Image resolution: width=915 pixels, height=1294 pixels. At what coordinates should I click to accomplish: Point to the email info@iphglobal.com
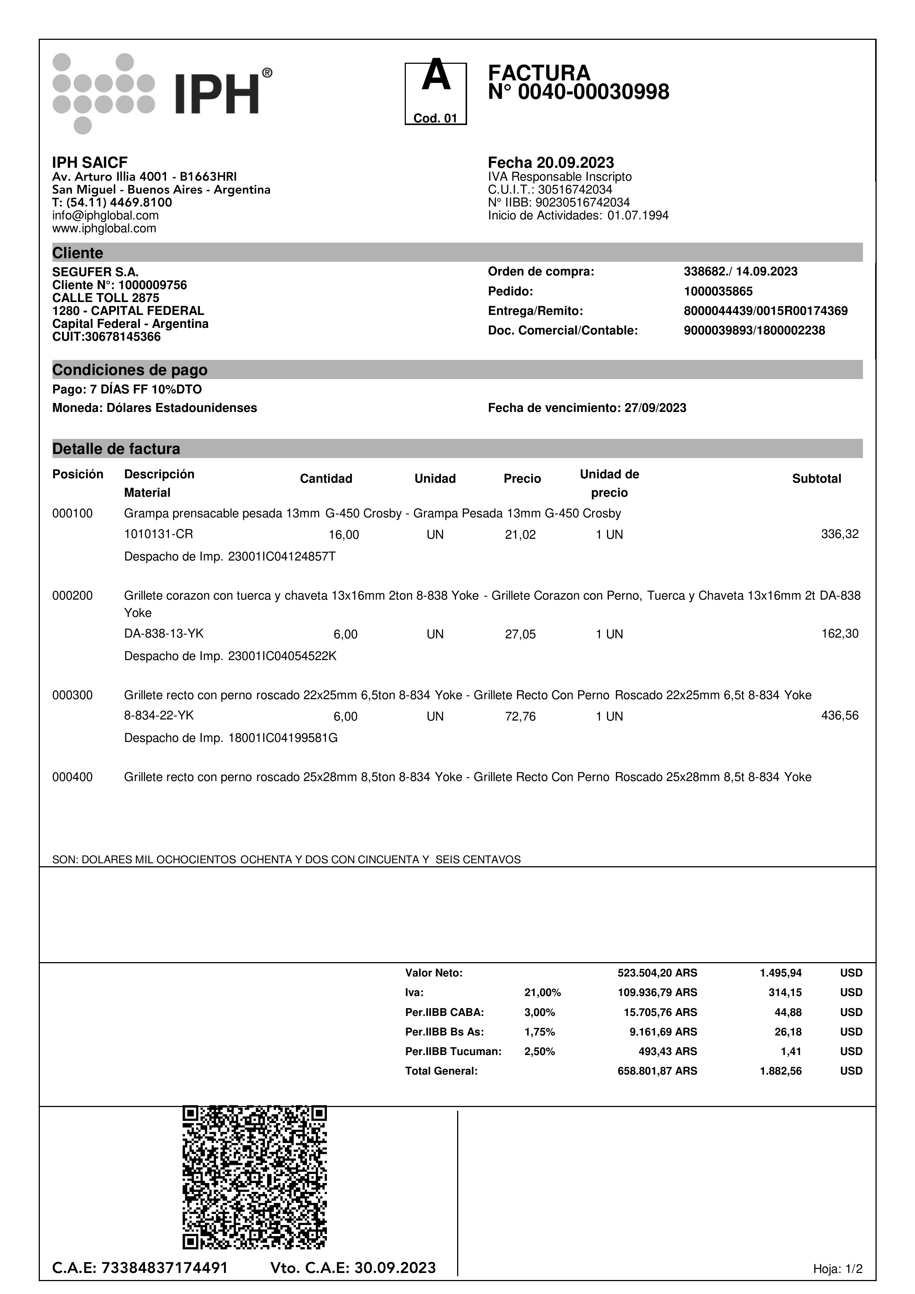pos(106,215)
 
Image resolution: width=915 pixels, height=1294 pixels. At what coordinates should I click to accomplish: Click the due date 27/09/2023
pos(655,408)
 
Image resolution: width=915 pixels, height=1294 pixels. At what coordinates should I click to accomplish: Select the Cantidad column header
pos(326,479)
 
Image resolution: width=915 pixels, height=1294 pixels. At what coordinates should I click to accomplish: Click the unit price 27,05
pos(520,634)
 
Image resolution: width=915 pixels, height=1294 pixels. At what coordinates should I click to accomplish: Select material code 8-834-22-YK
pos(159,716)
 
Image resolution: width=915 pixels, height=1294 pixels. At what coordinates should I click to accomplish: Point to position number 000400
pos(73,777)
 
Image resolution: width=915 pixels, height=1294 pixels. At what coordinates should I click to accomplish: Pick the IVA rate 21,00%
pos(542,992)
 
